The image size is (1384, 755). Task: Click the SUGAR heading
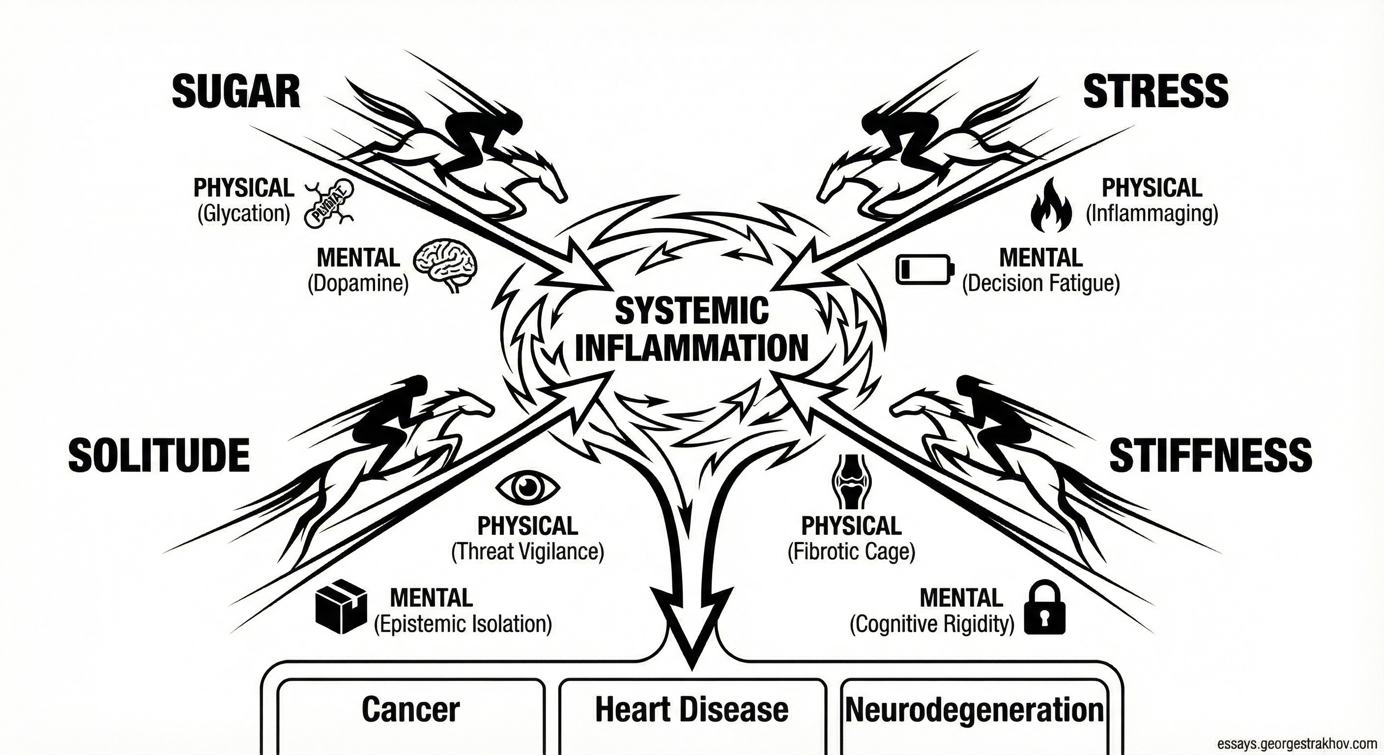(236, 92)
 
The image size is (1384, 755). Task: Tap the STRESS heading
(1155, 91)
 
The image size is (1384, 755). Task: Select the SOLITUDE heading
(159, 455)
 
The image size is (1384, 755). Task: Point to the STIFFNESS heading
(1211, 455)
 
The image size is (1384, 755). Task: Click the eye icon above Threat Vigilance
(527, 488)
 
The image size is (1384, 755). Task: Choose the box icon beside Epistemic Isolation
(341, 613)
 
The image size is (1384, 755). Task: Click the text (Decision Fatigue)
(1040, 283)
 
